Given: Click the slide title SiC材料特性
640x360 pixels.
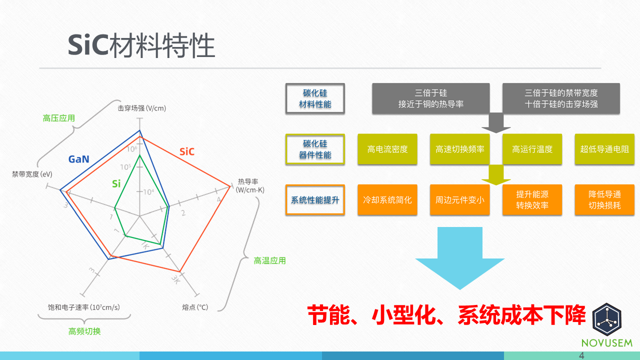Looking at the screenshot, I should (141, 46).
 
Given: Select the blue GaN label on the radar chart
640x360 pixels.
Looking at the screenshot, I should (79, 159).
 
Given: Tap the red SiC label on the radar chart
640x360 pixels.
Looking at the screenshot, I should (186, 151).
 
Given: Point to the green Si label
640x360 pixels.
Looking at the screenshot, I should (116, 183).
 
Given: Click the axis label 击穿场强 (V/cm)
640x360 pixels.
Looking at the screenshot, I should (141, 108).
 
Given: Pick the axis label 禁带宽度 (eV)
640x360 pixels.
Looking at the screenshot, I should (32, 174).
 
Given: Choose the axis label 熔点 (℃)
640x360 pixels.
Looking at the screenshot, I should (195, 307).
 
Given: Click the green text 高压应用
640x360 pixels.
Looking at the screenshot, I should (59, 118).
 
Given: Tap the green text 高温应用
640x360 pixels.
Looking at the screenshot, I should (269, 260).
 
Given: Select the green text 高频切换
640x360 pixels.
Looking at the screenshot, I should (84, 331).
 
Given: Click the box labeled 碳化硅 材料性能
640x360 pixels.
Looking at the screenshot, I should (315, 98).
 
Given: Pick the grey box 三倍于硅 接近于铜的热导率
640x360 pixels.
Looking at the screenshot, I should (430, 98).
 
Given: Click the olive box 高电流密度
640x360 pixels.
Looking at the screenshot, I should (387, 149).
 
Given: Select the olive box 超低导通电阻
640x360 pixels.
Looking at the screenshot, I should (604, 149).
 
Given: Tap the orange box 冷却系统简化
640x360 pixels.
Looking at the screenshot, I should (387, 200).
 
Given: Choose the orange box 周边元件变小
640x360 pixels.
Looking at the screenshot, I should (459, 200).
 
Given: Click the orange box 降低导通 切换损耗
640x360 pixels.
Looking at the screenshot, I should (604, 200).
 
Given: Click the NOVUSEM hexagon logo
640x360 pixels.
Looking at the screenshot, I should (606, 318).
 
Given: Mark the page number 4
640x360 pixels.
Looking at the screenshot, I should (581, 355).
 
